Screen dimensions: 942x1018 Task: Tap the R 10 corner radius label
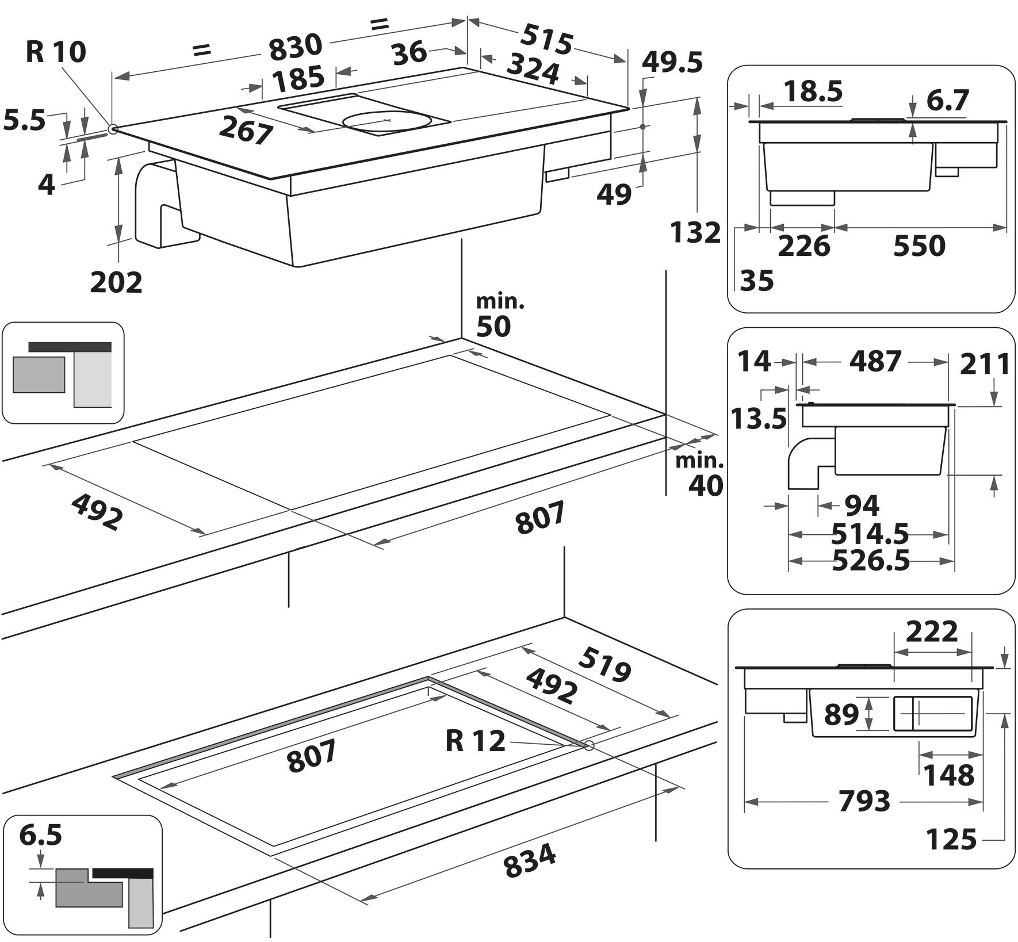pyautogui.click(x=56, y=52)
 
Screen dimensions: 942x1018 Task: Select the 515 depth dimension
pyautogui.click(x=546, y=41)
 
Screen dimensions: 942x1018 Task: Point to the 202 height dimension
pyautogui.click(x=116, y=282)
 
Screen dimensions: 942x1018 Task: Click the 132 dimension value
pyautogui.click(x=695, y=233)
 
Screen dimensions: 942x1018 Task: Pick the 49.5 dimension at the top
pyautogui.click(x=672, y=62)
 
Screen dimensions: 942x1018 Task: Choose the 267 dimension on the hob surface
pyautogui.click(x=246, y=131)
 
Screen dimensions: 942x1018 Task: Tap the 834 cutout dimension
pyautogui.click(x=530, y=861)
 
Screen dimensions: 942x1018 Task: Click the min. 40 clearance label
pyautogui.click(x=700, y=475)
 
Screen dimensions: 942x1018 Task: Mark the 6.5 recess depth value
pyautogui.click(x=40, y=835)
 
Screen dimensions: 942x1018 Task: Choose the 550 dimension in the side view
pyautogui.click(x=919, y=246)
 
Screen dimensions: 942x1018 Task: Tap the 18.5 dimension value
pyautogui.click(x=813, y=91)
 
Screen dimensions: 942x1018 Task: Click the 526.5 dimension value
pyautogui.click(x=871, y=561)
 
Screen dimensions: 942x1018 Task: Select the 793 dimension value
pyautogui.click(x=864, y=801)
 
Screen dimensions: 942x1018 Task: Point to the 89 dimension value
pyautogui.click(x=841, y=715)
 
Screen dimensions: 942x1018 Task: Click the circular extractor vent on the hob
pyautogui.click(x=386, y=121)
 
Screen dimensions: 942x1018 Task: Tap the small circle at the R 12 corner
pyautogui.click(x=588, y=746)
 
